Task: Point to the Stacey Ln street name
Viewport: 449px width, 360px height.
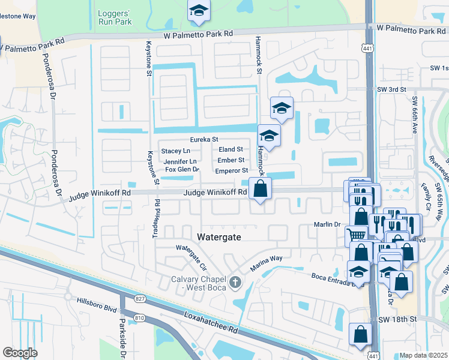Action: click(x=175, y=151)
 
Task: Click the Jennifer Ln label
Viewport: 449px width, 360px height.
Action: click(x=179, y=161)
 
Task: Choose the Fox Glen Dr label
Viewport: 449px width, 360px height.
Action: click(x=181, y=170)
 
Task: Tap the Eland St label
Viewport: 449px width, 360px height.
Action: click(x=231, y=149)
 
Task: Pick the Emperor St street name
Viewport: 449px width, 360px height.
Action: click(x=232, y=171)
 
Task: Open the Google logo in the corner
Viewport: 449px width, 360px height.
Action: click(x=20, y=353)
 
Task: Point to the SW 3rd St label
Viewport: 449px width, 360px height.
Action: click(x=391, y=89)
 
